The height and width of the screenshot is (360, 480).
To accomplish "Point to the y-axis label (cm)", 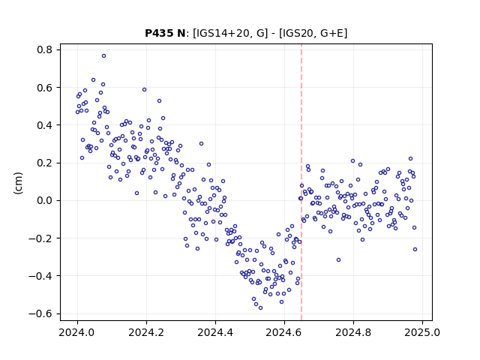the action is click(x=18, y=183).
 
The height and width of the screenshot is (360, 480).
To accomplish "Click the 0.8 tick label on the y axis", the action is click(x=44, y=49).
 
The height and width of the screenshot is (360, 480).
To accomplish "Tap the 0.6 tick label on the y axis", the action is click(x=44, y=88).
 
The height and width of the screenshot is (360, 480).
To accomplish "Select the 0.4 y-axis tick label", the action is click(x=44, y=125).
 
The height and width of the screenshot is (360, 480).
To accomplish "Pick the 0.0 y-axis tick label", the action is click(x=44, y=200).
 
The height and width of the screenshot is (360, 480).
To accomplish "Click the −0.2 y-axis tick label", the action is click(x=40, y=238).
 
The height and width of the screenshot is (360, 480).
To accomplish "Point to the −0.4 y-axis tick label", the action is click(x=40, y=276).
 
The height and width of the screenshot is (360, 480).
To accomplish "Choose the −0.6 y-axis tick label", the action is click(x=40, y=313).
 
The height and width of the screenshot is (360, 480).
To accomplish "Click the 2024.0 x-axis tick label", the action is click(x=77, y=332).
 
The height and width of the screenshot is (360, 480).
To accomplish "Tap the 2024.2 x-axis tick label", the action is click(x=146, y=332).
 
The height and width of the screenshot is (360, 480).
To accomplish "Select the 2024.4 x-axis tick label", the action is click(x=215, y=332).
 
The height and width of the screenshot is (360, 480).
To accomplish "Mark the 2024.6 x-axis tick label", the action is click(x=284, y=332).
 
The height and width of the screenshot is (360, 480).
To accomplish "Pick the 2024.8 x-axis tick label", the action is click(x=353, y=332).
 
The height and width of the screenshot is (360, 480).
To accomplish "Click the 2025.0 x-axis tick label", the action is click(x=422, y=332).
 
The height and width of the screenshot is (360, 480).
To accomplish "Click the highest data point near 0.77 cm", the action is click(x=103, y=56).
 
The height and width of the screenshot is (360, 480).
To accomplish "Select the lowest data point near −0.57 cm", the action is click(x=260, y=308).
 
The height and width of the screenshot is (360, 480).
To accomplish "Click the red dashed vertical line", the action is click(x=301, y=182).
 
